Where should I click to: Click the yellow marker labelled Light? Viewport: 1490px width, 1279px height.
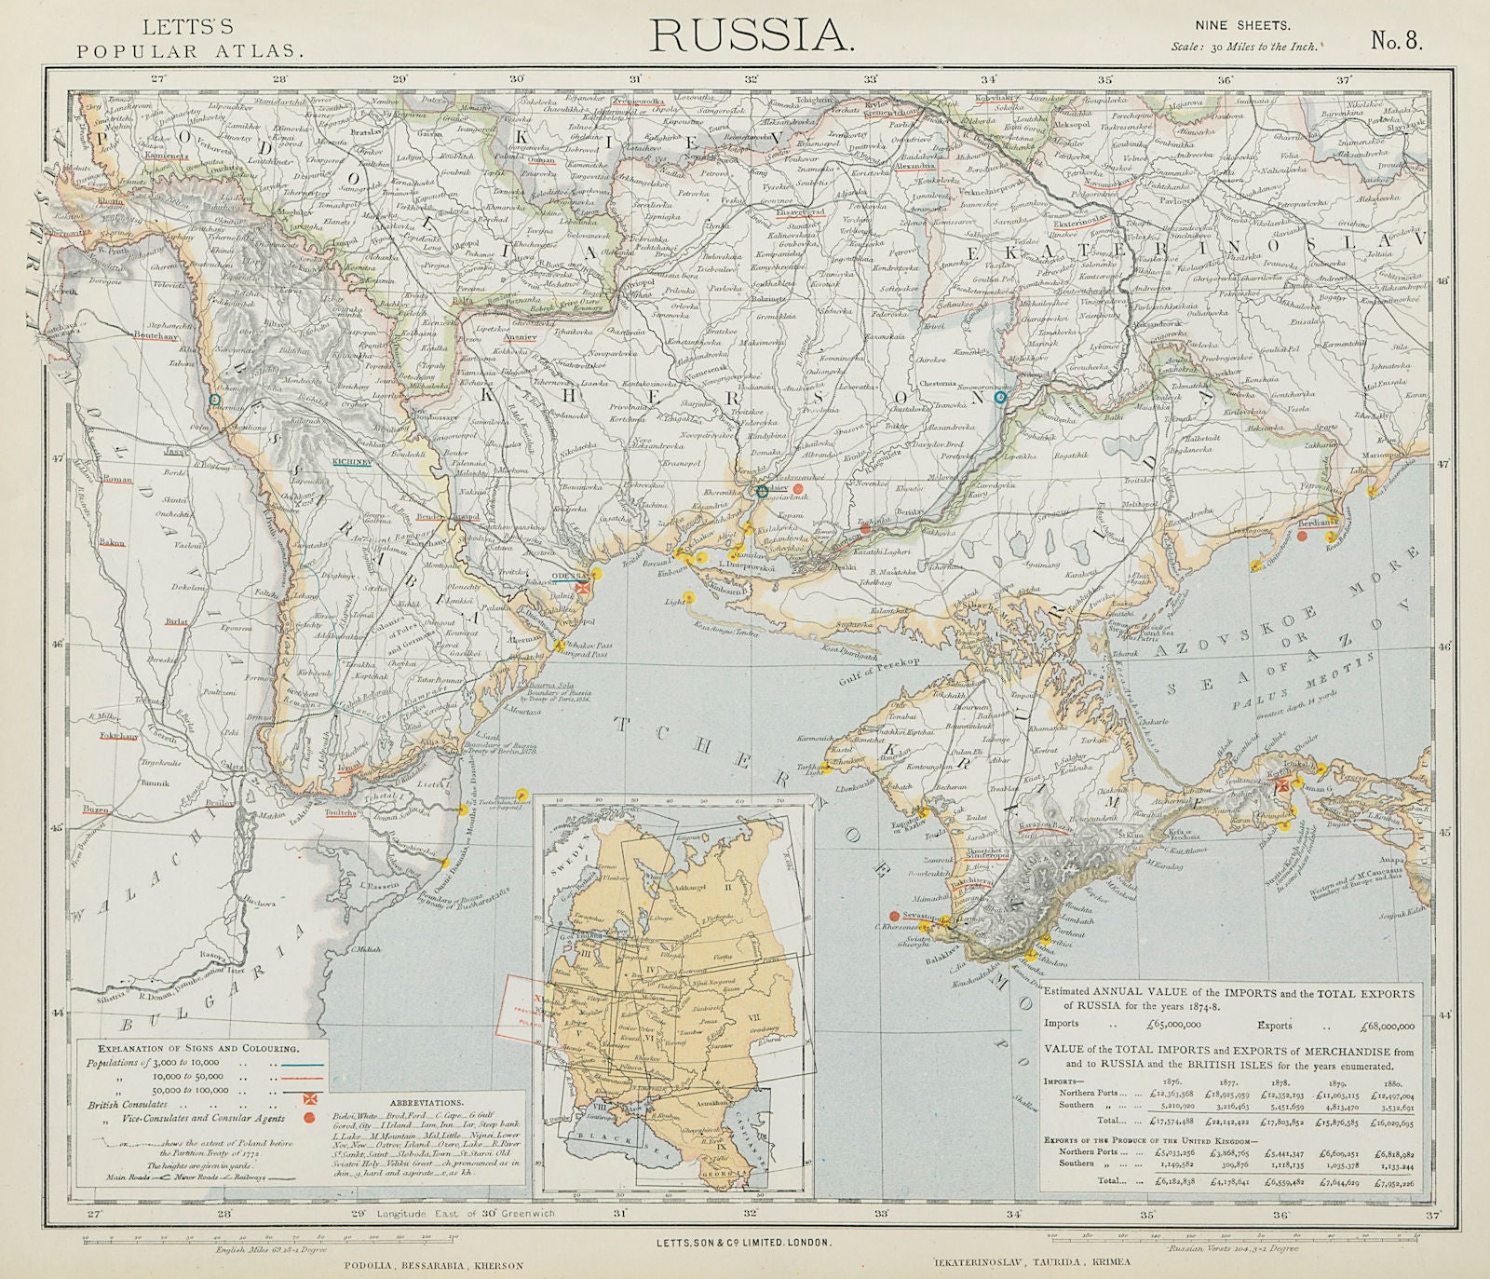pos(689,597)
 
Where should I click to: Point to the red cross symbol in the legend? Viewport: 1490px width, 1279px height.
pos(305,1100)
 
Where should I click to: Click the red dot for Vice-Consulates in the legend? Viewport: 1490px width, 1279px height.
pos(305,1116)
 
